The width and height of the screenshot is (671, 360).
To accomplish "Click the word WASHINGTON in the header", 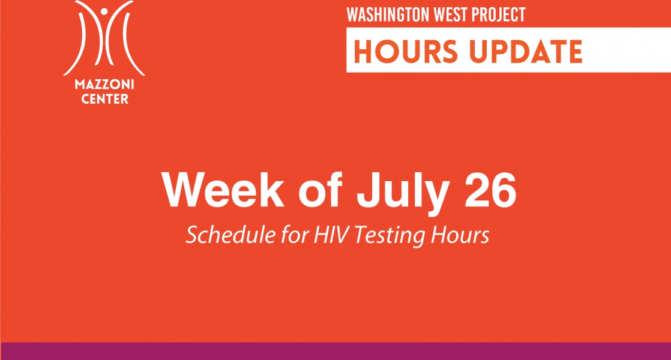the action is click(388, 14).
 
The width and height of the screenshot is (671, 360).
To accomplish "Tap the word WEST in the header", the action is click(451, 14).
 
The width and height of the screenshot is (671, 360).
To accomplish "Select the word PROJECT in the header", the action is click(498, 14).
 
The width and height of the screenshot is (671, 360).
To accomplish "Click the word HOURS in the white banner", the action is click(406, 52).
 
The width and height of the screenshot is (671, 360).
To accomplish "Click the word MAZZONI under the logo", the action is click(104, 84).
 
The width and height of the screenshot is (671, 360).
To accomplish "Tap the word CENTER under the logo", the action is click(105, 99).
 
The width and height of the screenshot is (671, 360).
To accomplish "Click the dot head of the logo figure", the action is click(104, 11).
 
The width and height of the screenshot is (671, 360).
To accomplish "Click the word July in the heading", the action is click(403, 194).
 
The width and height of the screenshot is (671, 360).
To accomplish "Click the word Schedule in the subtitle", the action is click(230, 235).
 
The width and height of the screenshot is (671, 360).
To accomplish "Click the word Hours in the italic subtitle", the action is click(460, 235).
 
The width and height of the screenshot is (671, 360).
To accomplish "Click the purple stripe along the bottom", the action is click(335, 351).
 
